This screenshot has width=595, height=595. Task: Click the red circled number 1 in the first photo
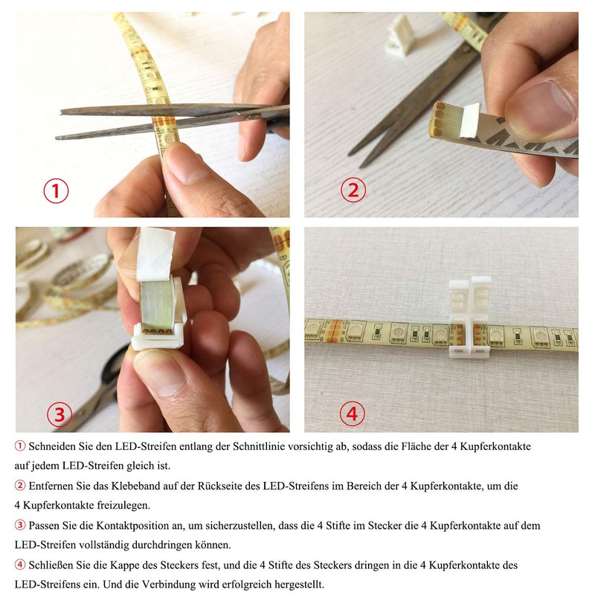56,191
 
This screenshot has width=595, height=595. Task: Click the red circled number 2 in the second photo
353,190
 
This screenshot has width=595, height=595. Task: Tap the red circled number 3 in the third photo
59,414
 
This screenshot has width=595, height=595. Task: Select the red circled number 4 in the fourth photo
352,414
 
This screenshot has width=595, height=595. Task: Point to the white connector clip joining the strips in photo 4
470,318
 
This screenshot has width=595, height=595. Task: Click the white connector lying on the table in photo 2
399,35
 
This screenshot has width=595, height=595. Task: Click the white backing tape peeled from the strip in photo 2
470,120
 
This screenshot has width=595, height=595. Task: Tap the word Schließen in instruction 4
51,565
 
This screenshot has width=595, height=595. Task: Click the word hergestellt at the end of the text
298,585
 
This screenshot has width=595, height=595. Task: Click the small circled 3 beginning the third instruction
20,525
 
